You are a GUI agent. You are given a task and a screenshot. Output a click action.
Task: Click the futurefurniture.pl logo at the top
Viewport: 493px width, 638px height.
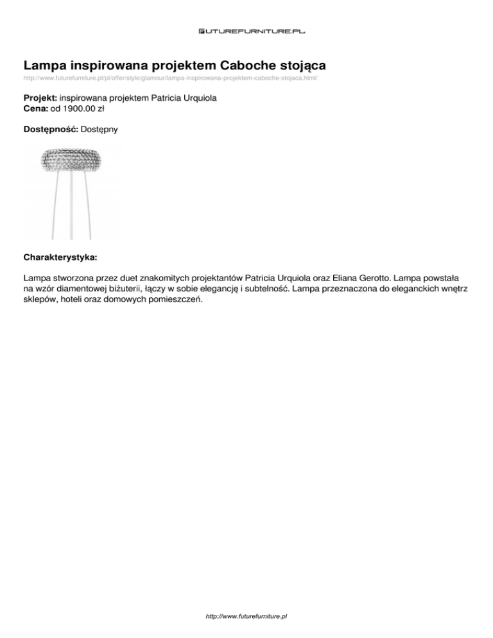click(246, 30)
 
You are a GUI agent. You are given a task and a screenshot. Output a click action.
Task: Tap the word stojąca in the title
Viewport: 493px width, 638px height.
click(302, 65)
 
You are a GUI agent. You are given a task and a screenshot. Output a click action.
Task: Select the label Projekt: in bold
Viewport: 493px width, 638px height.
click(40, 98)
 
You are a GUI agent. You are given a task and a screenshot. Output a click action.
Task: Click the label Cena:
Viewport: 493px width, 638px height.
click(36, 108)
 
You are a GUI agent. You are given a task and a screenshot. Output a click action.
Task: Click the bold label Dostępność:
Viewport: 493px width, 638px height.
click(51, 130)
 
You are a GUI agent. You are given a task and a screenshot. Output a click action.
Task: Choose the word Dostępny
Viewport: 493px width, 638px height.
click(99, 130)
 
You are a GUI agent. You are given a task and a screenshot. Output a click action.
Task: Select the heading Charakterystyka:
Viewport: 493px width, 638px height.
click(60, 257)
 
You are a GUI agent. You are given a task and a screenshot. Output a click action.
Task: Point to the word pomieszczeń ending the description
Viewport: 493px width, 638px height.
click(173, 300)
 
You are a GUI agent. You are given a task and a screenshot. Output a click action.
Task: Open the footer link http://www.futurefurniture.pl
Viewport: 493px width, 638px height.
click(246, 616)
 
